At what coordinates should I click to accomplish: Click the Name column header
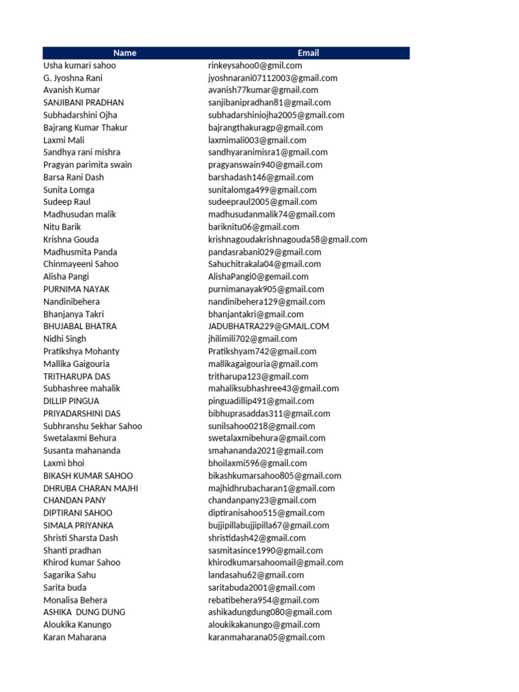[124, 53]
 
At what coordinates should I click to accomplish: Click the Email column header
[308, 53]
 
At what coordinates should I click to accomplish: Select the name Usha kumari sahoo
[80, 66]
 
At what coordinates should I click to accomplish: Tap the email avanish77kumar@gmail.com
[263, 90]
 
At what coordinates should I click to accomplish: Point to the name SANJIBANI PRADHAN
[84, 103]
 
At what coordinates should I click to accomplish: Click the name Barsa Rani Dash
[74, 177]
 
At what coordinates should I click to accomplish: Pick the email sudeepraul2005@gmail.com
[262, 202]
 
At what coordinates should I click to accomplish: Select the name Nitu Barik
[62, 227]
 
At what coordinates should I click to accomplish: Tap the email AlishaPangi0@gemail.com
[258, 276]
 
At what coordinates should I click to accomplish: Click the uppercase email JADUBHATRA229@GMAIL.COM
[268, 326]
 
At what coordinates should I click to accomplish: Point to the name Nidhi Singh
[65, 339]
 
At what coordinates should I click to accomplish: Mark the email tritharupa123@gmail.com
[258, 376]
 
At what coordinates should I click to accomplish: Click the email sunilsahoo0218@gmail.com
[262, 426]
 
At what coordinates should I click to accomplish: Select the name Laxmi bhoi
[64, 463]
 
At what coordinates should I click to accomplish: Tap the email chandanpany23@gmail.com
[262, 500]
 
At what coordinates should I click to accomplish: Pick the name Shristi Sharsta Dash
[80, 538]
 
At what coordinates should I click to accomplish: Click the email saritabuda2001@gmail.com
[262, 587]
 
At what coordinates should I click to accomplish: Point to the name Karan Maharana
[75, 637]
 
